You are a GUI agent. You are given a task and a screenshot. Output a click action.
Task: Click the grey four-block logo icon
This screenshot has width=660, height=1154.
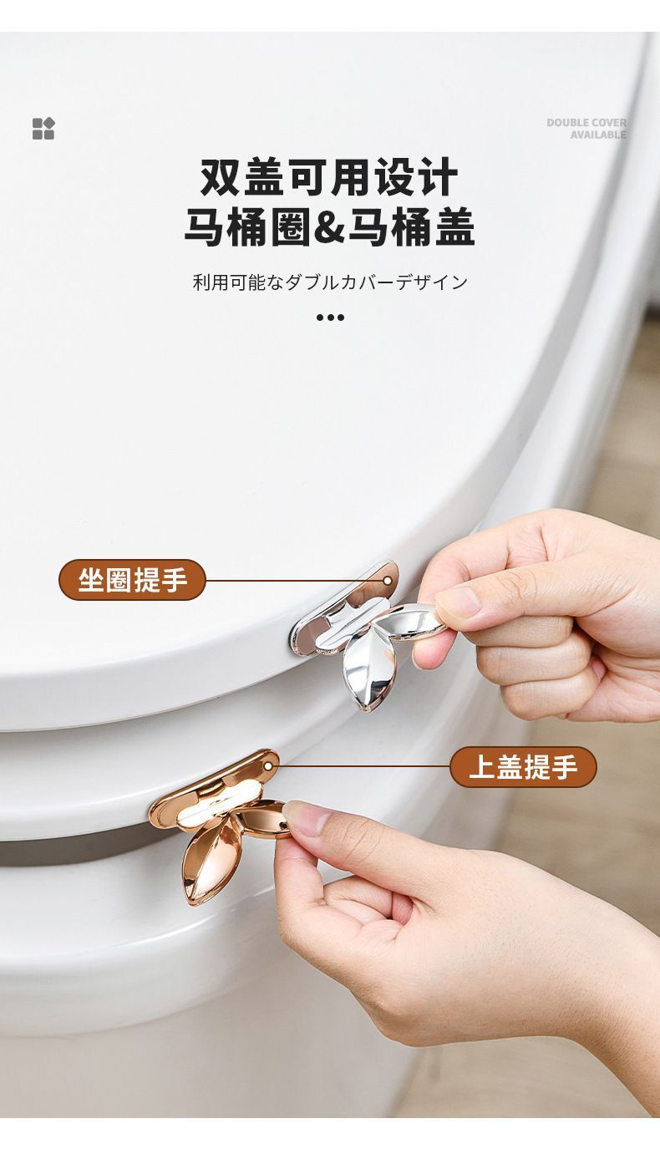click(x=43, y=129)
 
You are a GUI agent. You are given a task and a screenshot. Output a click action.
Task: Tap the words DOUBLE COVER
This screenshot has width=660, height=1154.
click(x=586, y=123)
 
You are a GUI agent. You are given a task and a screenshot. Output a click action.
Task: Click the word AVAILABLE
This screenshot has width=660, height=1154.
click(x=598, y=135)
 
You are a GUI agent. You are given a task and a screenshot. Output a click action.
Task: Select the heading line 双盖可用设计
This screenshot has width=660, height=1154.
click(x=329, y=176)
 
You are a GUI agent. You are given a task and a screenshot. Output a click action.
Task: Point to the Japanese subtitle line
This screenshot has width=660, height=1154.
click(x=330, y=282)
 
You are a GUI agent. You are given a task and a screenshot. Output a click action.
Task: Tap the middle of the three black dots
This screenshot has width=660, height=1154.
click(x=330, y=318)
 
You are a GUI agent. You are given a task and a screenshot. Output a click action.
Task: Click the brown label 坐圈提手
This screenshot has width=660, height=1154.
click(x=132, y=580)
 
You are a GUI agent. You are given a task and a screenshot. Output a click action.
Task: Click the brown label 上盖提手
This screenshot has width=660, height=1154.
click(x=524, y=767)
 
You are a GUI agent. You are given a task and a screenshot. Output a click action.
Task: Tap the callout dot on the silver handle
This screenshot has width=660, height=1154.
click(x=387, y=581)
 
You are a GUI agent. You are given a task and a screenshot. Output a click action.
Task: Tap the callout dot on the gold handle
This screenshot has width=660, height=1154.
click(x=268, y=766)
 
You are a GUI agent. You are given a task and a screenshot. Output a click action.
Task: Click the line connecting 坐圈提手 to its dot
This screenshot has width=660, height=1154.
click(x=294, y=581)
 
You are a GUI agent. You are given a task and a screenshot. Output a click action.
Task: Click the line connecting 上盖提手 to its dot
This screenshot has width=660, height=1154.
click(x=361, y=766)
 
